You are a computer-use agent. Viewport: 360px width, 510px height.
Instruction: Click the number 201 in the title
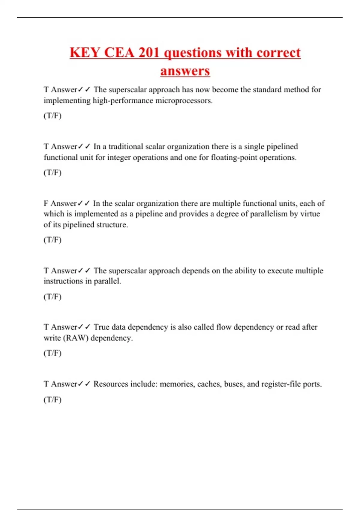149,53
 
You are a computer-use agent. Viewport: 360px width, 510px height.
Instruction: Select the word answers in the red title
185,71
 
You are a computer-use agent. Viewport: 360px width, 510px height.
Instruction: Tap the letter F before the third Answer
46,204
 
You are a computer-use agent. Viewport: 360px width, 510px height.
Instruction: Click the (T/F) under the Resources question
52,400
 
